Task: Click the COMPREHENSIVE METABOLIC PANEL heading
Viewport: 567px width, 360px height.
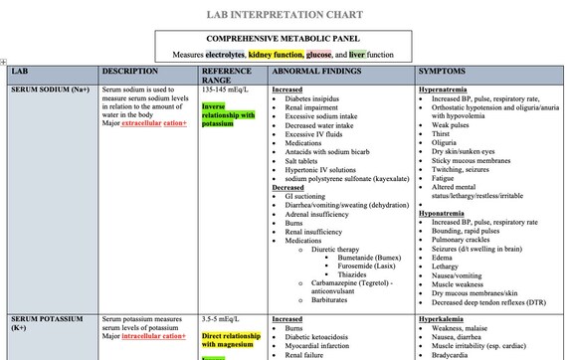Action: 283,38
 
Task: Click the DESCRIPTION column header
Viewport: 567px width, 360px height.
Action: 130,72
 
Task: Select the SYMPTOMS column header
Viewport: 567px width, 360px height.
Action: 443,72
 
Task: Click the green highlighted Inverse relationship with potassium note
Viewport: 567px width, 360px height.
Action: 228,115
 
